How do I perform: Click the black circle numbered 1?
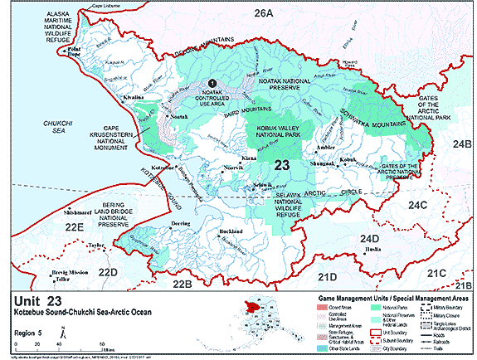click(212, 83)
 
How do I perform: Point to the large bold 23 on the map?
click(281, 166)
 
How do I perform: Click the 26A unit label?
click(263, 13)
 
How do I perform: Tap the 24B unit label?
click(462, 144)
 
